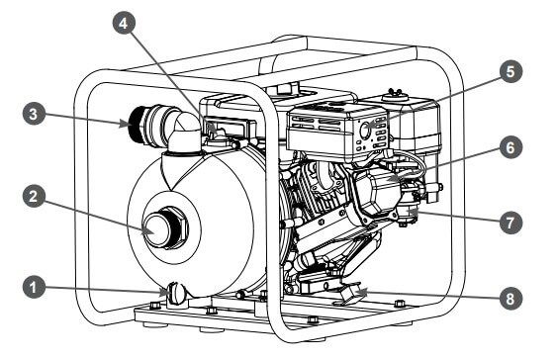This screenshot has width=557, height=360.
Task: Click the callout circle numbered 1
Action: click(34, 287)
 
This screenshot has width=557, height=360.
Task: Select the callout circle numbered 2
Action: click(34, 197)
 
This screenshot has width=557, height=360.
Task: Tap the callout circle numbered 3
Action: click(34, 114)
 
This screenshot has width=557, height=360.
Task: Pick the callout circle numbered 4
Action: click(124, 23)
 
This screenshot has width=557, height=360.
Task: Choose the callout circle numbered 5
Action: click(511, 72)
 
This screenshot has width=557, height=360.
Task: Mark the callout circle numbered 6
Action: click(511, 147)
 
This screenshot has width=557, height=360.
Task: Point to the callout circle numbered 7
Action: click(511, 223)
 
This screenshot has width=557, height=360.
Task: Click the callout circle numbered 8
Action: click(511, 299)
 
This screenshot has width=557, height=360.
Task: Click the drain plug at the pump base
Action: click(176, 293)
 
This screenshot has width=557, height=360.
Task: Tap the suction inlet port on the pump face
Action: click(154, 229)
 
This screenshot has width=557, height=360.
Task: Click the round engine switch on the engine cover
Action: click(365, 131)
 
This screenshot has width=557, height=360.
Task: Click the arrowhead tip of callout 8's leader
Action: click(356, 292)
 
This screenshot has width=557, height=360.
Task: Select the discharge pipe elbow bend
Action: click(184, 131)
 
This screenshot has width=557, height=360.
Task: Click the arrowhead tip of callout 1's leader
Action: click(167, 292)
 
